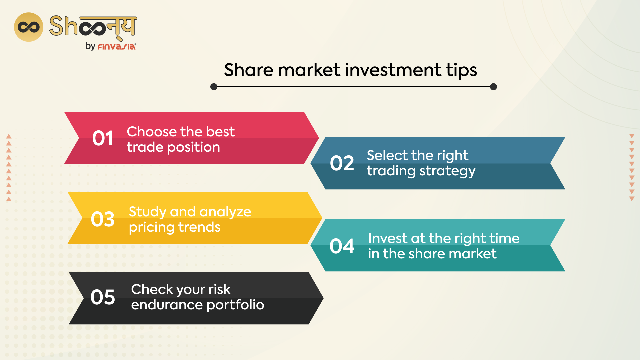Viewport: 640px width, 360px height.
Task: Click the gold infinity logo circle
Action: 29,27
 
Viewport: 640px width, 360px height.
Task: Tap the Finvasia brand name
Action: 116,47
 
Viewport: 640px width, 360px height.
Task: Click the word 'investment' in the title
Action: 393,70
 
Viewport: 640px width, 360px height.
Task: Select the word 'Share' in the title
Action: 249,70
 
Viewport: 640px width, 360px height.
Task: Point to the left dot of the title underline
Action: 214,87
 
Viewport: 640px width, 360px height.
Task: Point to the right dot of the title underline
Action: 493,87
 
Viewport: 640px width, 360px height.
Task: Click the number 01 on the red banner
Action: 103,138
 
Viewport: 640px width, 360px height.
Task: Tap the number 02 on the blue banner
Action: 342,163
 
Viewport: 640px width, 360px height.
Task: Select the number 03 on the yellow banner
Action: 103,219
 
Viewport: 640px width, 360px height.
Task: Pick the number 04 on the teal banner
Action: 342,246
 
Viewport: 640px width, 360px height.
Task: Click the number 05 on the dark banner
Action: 103,297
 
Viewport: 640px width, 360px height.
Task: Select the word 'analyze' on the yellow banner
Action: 225,212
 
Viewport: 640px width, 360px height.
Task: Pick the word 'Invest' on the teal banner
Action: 387,239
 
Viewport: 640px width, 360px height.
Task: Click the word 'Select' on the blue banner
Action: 387,156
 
